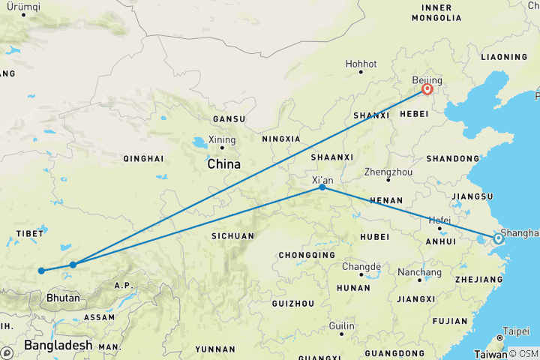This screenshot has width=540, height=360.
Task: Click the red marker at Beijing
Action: point(427,89)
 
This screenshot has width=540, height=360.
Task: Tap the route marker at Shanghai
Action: point(498,239)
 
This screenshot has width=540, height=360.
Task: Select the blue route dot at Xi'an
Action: point(322,187)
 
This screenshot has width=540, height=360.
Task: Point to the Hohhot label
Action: point(361,64)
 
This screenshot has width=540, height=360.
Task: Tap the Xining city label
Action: point(222,139)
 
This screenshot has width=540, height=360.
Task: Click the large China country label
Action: point(223,164)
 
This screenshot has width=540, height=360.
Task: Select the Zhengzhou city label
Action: point(388,172)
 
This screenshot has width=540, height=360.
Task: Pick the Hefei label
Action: point(440,220)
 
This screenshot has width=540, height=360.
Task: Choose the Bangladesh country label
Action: point(57,346)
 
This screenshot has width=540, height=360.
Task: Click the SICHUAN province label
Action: point(232,235)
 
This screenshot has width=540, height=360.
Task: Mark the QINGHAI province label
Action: point(142,158)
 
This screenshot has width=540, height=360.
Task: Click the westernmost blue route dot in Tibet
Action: point(42,271)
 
